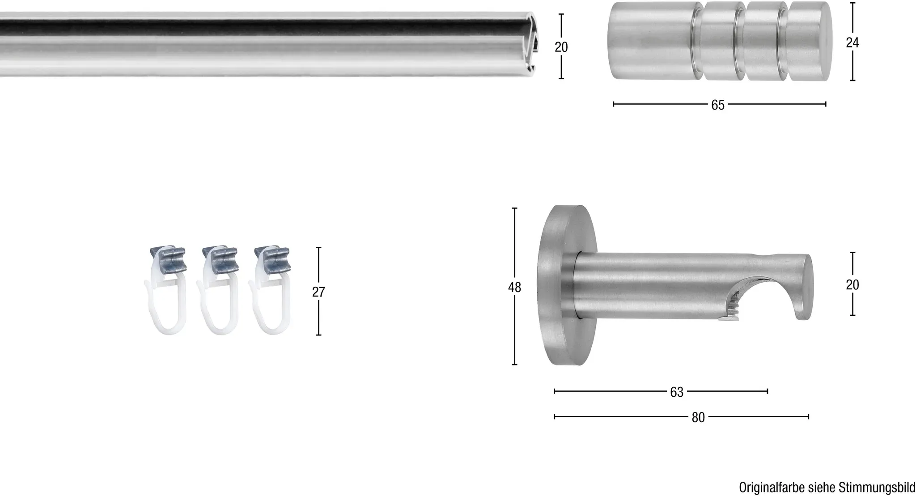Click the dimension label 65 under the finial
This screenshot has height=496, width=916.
717,105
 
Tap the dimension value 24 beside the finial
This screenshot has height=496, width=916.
852,42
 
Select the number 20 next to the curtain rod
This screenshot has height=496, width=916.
561,47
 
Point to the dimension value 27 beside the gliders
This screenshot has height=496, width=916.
318,292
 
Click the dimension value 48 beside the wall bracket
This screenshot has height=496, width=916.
514,288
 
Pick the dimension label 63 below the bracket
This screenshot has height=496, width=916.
677,392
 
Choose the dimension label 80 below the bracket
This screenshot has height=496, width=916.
698,417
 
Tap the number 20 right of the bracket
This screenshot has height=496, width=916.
852,285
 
